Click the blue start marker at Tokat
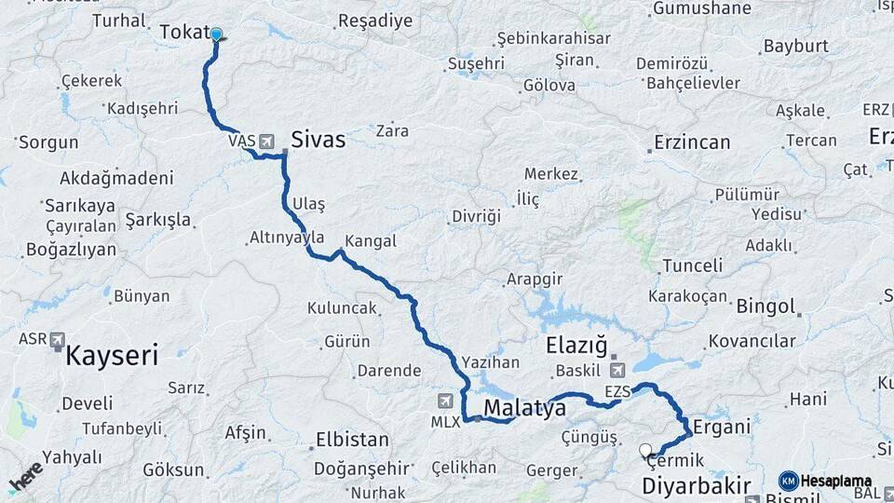[x=217, y=35]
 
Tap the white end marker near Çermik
[x=645, y=451]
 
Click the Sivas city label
[x=318, y=141]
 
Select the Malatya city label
[x=524, y=408]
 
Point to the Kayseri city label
[x=112, y=355]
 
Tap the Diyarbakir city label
[x=697, y=485]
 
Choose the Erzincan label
[x=692, y=143]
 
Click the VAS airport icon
[x=268, y=141]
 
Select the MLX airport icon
[x=445, y=401]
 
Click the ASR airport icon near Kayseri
[x=58, y=339]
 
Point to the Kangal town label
[x=371, y=241]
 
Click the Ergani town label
[x=723, y=427]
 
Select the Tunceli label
[x=693, y=265]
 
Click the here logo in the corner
[x=25, y=476]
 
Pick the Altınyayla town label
[x=287, y=238]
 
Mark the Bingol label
[x=765, y=306]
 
